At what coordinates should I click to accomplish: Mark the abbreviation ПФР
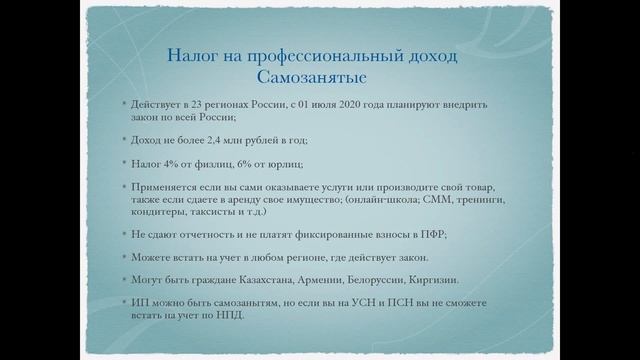[x=430, y=235]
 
